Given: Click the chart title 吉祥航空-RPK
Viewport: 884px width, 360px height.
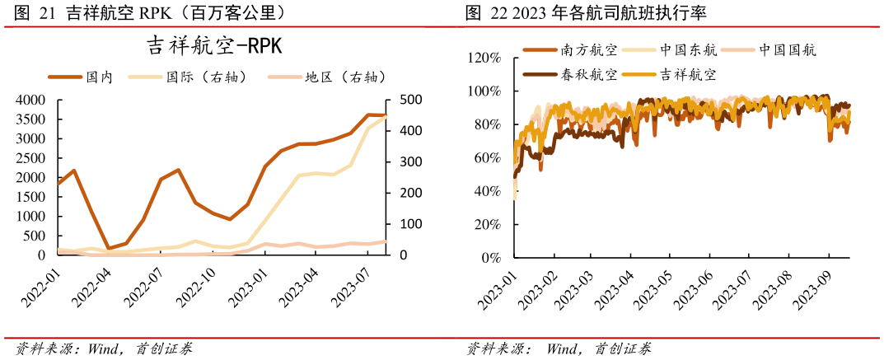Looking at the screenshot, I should coord(214,46).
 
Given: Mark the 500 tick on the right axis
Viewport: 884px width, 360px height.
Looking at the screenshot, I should coord(410,100).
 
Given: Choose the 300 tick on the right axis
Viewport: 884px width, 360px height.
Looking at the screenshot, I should coord(410,162).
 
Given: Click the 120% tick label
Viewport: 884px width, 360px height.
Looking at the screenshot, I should coord(484,58).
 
